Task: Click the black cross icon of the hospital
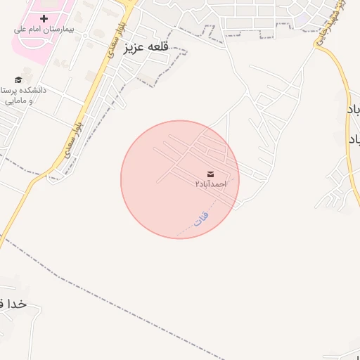(x=44, y=18)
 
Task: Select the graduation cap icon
(x=18, y=79)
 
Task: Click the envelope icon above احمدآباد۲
(x=211, y=173)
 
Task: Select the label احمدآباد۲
(x=211, y=184)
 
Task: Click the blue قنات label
(x=202, y=218)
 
